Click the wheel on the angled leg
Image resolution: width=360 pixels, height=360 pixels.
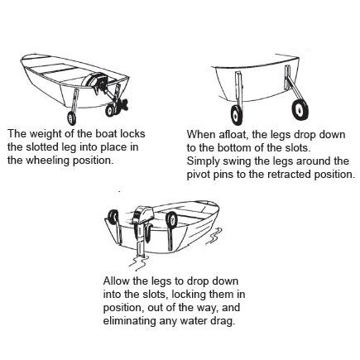[300, 110]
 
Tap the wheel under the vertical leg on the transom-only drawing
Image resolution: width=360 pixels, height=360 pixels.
[236, 115]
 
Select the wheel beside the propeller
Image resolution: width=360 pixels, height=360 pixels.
[110, 110]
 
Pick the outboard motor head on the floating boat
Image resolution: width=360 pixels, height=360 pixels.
[142, 214]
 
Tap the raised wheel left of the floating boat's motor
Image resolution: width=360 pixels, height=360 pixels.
[113, 217]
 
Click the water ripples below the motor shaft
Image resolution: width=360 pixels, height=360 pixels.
[139, 262]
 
